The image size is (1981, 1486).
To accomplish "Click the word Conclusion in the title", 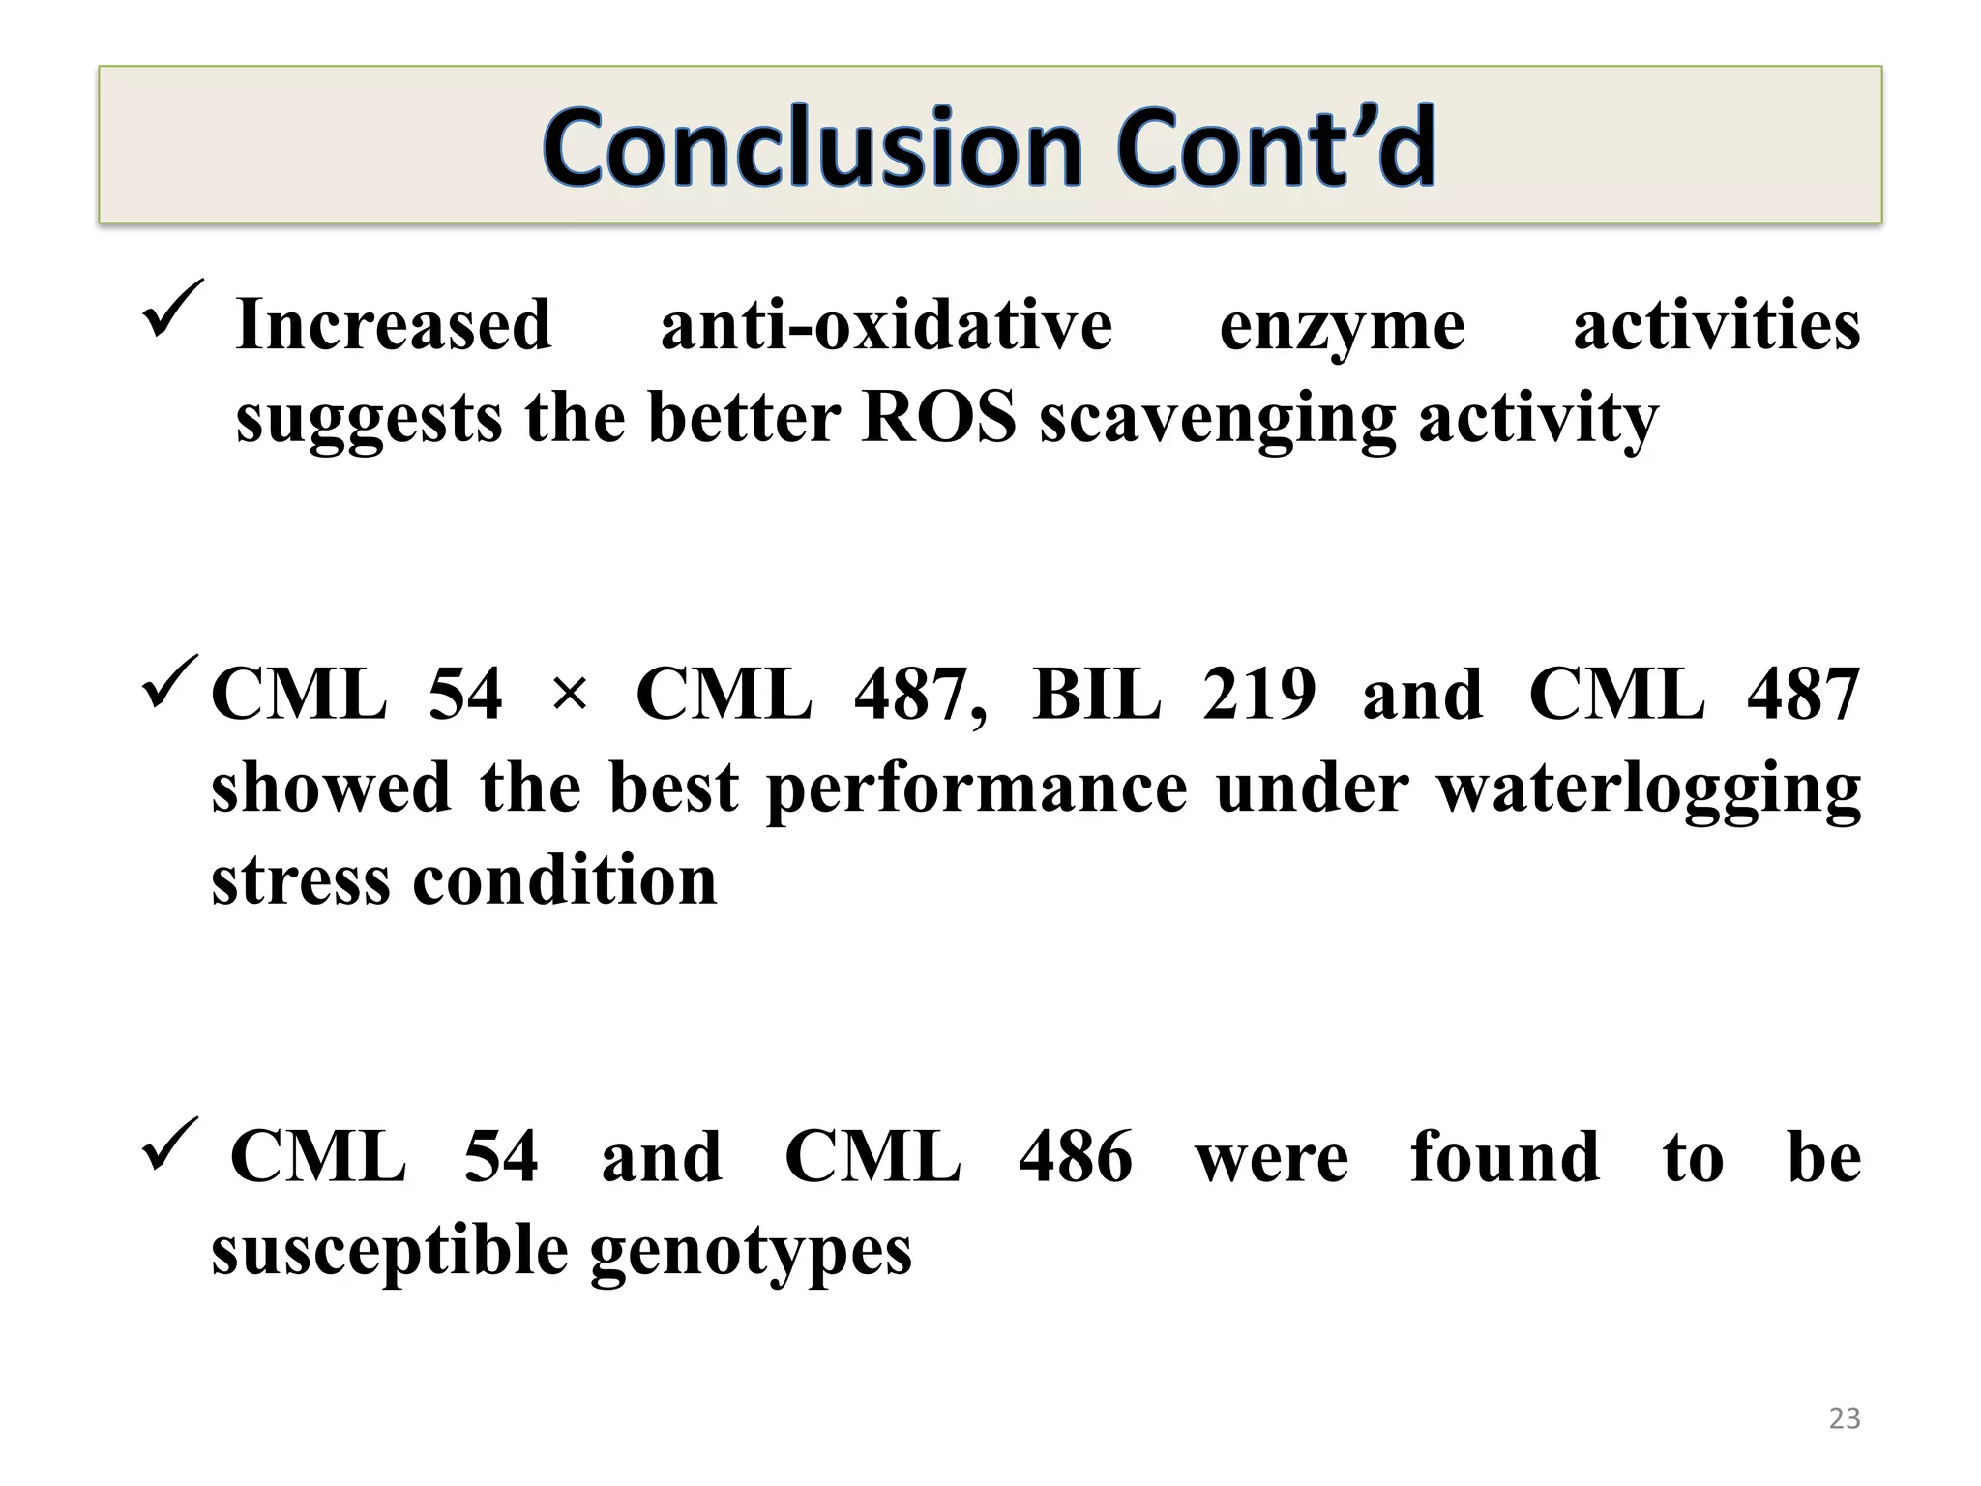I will click(x=813, y=147).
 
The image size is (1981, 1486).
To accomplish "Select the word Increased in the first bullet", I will click(x=394, y=325).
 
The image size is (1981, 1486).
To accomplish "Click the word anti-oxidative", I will click(x=886, y=325).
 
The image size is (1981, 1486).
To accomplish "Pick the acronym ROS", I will click(x=938, y=418).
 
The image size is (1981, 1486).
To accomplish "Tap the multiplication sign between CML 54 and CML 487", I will click(x=570, y=695).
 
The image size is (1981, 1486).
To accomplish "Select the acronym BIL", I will click(x=1096, y=695).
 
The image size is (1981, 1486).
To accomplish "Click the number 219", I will click(x=1258, y=695).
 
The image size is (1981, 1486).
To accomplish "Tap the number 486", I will click(x=1076, y=1157).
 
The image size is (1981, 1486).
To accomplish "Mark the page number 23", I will click(x=1845, y=1418).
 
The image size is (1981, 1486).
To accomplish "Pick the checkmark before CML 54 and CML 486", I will click(x=170, y=1144).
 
